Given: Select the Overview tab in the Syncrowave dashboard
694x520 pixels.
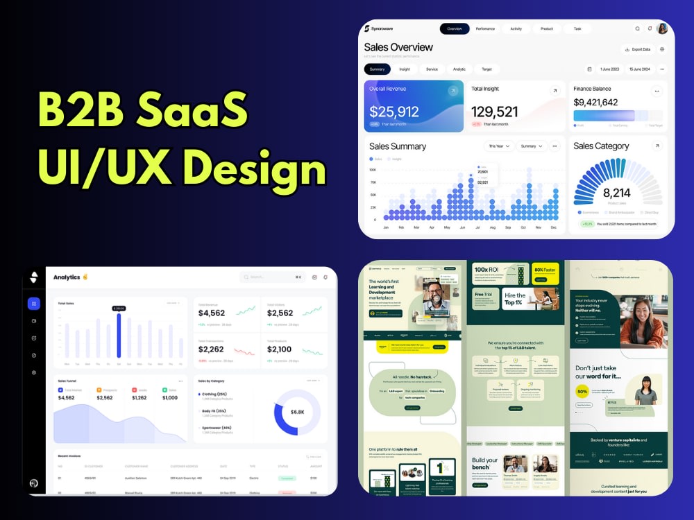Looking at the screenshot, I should point(455,28).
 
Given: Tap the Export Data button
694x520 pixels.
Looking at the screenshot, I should point(637,49).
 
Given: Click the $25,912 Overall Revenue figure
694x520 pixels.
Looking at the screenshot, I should point(394,112).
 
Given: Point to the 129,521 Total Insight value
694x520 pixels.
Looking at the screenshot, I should point(495,112).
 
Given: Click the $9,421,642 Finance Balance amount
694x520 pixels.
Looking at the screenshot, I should point(595,102).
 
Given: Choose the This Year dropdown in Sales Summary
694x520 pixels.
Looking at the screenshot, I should point(498,146).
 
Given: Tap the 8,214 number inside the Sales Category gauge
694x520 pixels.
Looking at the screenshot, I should point(616,193).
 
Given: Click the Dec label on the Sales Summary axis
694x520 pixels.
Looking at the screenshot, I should point(554,227).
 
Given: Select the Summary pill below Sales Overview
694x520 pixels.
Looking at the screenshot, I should point(378,69).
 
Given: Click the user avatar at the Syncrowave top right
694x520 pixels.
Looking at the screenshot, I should point(662,28).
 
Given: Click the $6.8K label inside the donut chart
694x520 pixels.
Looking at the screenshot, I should point(297,412).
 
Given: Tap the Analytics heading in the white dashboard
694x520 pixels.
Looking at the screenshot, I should point(67,277).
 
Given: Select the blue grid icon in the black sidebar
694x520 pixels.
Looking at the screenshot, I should point(33,304).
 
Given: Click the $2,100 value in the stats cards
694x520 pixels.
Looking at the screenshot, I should point(279,349).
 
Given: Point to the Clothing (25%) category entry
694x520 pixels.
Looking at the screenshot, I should point(218,394).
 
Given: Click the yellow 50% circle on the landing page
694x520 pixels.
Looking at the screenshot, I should point(582,391).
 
